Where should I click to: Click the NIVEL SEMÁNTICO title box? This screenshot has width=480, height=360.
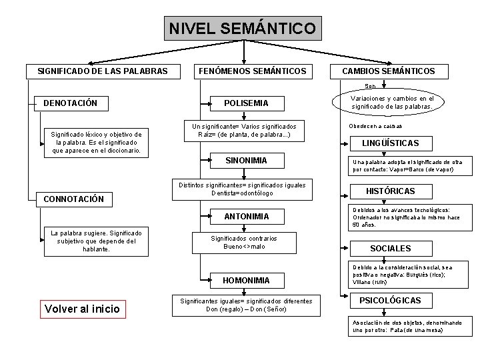click(x=243, y=29)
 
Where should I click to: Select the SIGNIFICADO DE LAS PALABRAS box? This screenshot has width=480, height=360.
click(x=102, y=71)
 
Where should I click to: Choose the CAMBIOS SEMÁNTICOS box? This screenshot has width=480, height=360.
click(x=389, y=71)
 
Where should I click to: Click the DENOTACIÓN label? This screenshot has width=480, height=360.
click(x=71, y=103)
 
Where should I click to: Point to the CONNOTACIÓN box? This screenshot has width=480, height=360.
click(x=73, y=199)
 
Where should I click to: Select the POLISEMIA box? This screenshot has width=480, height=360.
click(x=247, y=103)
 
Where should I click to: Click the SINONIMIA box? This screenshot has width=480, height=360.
click(x=247, y=161)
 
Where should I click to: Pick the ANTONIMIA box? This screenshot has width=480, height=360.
click(x=247, y=216)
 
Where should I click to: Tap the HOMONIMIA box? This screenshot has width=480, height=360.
click(x=247, y=281)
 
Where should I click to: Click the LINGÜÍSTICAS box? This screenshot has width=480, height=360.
click(x=390, y=143)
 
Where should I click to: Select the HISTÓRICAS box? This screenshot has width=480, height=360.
click(x=390, y=191)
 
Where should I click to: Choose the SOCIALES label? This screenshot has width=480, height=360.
click(x=390, y=249)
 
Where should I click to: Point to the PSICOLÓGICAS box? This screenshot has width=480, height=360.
click(x=390, y=301)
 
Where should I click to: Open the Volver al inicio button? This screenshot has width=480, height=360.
click(x=82, y=308)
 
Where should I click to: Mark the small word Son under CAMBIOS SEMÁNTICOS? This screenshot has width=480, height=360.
click(x=370, y=86)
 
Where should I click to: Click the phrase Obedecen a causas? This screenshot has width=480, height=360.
click(x=375, y=127)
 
